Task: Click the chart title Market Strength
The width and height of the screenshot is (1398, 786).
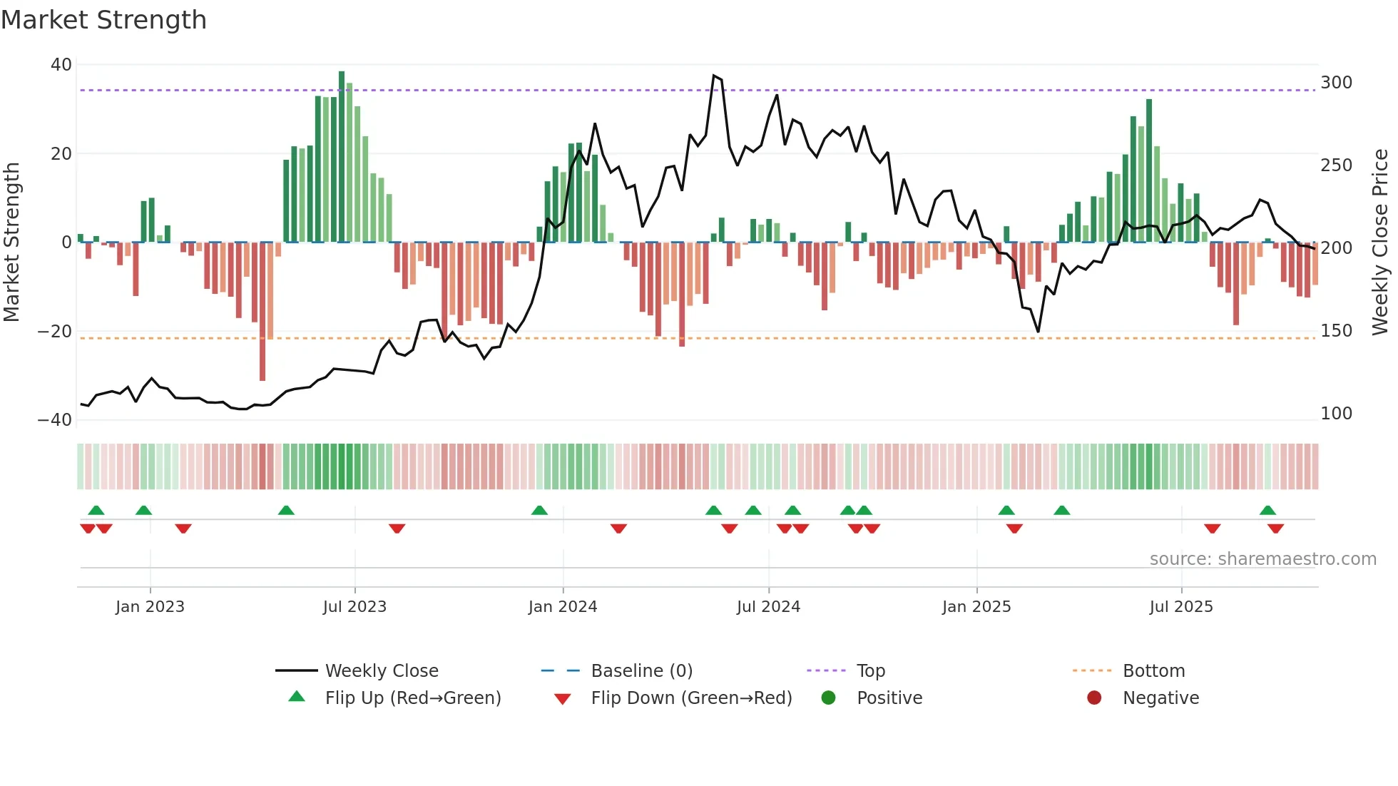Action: (103, 20)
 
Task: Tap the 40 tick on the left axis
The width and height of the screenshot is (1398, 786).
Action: (61, 65)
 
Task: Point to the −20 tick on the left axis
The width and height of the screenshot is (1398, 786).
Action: (55, 332)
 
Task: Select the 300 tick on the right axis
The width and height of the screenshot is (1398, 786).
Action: (1336, 83)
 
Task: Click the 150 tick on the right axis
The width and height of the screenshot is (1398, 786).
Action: (1336, 331)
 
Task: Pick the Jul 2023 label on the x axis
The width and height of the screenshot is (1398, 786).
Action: (354, 607)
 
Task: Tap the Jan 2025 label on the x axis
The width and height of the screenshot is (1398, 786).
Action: (976, 607)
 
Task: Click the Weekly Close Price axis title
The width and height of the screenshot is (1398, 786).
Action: (1381, 243)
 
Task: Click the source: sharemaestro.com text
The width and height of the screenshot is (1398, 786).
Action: (1262, 559)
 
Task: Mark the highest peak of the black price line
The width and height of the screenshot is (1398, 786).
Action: (713, 76)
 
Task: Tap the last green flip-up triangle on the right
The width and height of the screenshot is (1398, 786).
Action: (1267, 510)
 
